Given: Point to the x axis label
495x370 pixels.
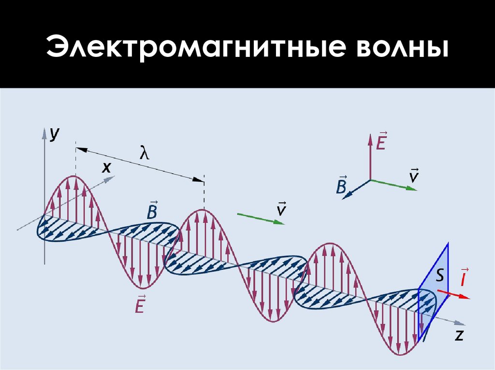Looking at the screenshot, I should tap(106, 167).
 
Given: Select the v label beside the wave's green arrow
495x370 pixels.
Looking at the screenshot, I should tap(280, 209).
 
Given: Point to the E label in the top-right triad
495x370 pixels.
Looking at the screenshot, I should tap(381, 141).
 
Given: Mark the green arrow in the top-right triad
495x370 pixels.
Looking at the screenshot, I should tap(394, 185).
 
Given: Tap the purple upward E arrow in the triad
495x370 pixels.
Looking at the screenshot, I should tap(370, 157).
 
